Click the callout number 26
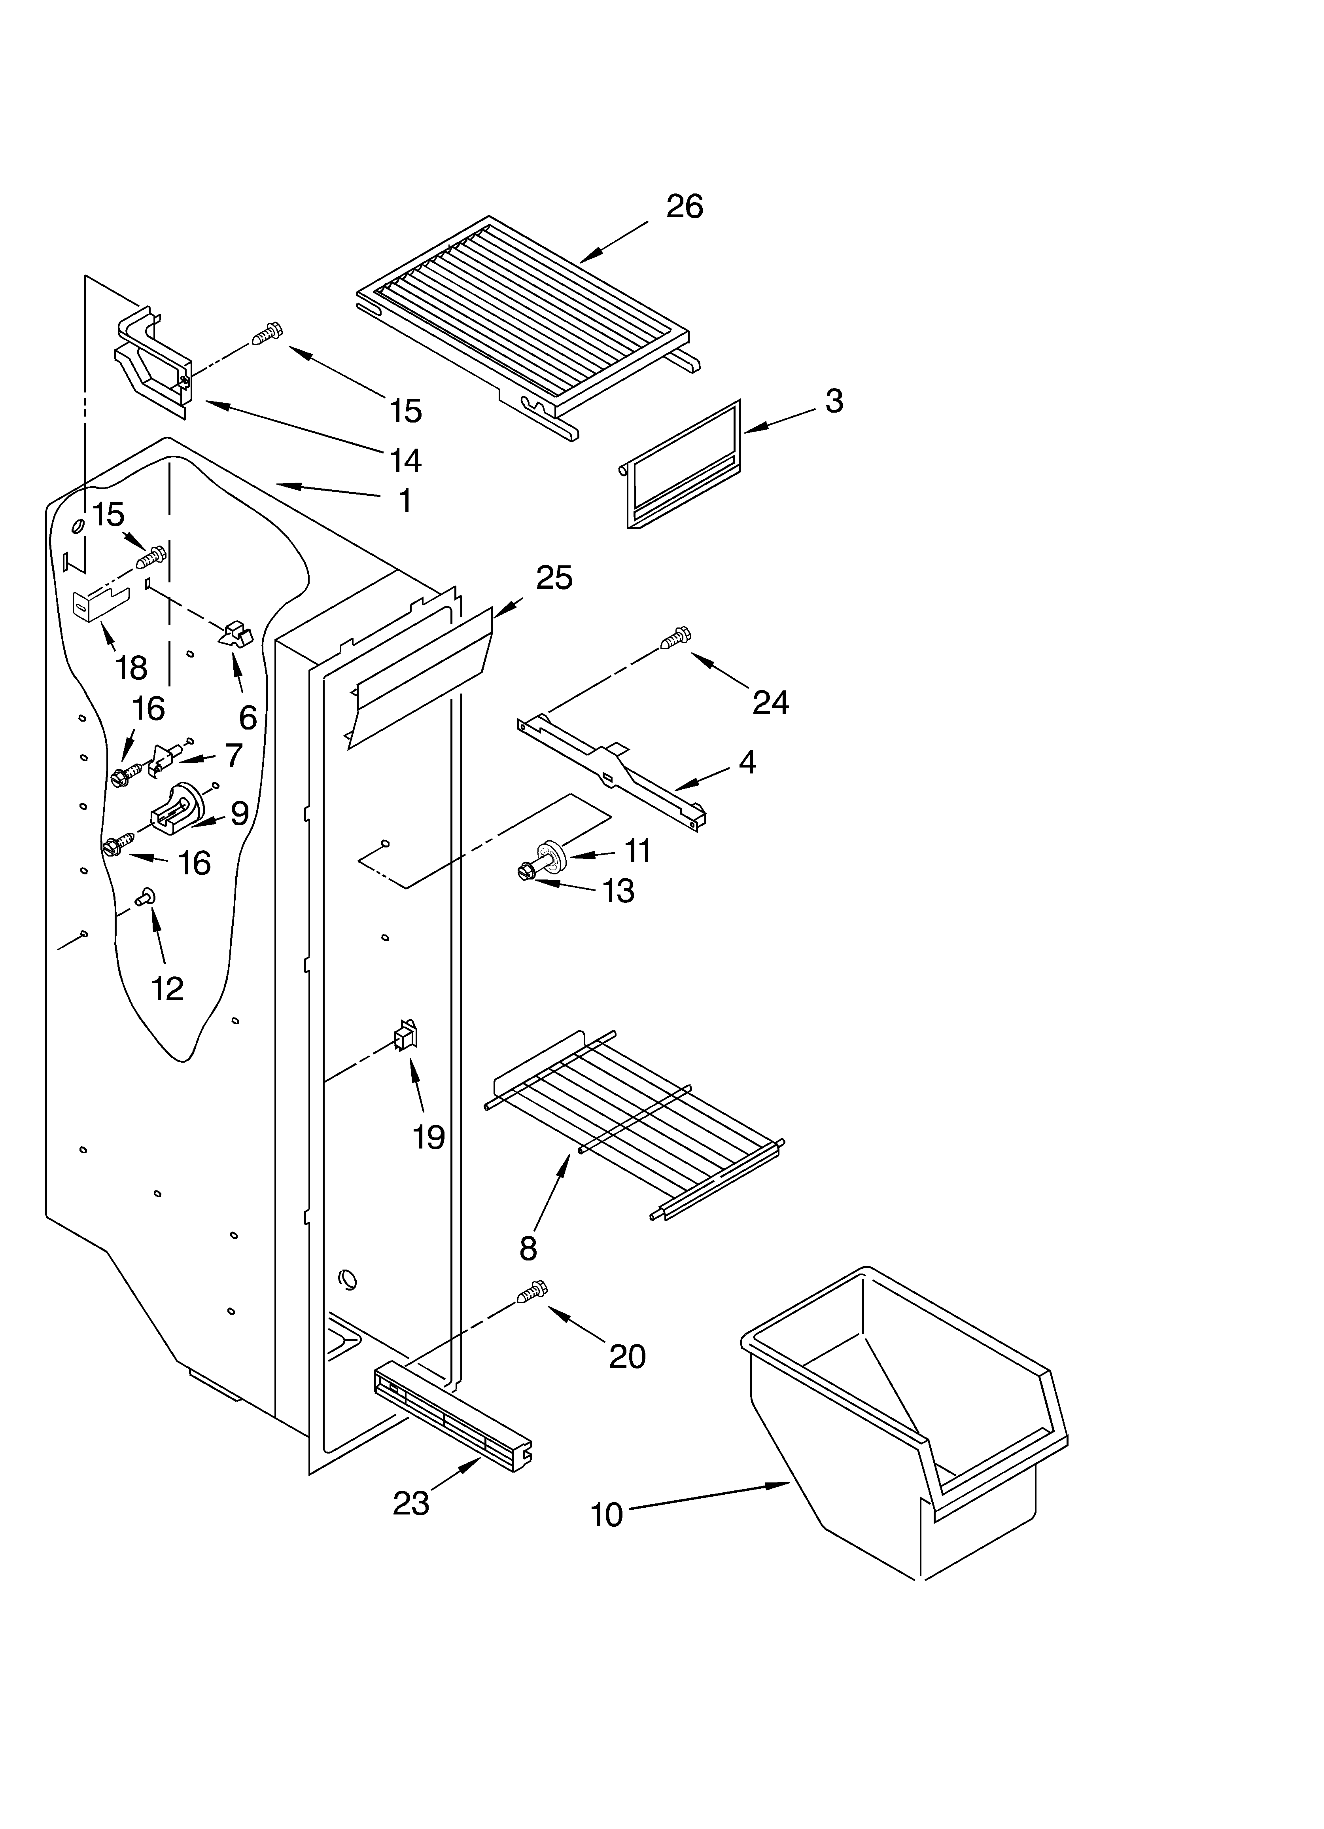[684, 207]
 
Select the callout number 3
[834, 401]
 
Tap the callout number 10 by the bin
[606, 1514]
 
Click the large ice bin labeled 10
[903, 1420]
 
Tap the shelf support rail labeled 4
[613, 766]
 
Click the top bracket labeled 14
[153, 363]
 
